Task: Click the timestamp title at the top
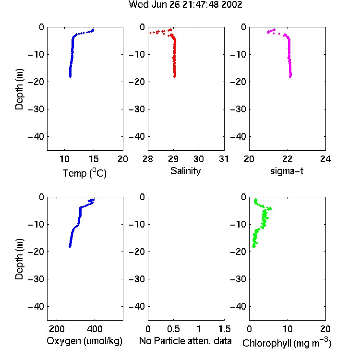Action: click(185, 5)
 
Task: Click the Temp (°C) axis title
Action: click(84, 173)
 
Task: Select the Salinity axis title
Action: click(185, 171)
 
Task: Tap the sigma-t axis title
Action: click(287, 171)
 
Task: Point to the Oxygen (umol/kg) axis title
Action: click(84, 341)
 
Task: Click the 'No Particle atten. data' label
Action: click(185, 341)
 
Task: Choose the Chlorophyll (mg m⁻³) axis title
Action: click(287, 342)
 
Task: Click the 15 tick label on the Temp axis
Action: click(94, 159)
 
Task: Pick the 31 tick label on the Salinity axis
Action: click(224, 159)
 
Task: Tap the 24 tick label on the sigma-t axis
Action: click(325, 159)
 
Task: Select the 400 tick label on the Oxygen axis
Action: click(95, 329)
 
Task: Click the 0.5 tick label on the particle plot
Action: click(173, 329)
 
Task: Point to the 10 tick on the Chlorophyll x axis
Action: click(288, 329)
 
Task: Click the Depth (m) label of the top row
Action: click(19, 89)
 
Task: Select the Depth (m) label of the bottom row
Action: click(19, 259)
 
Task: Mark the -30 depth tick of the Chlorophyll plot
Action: click(238, 279)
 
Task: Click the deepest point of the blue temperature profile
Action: click(70, 77)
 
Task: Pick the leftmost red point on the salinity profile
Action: click(150, 33)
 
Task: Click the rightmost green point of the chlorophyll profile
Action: click(271, 208)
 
